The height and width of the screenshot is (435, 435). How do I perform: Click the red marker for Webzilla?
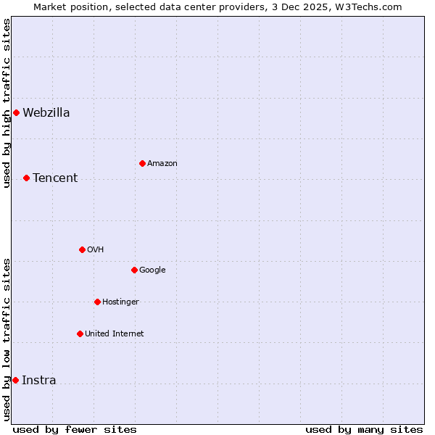(16, 112)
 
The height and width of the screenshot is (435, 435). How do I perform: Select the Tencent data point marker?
(26, 178)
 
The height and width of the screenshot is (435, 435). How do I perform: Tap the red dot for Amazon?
(142, 163)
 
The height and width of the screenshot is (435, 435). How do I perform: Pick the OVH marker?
(82, 249)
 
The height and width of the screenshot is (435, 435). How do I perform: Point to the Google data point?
(134, 270)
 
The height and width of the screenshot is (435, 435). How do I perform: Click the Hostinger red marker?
(97, 302)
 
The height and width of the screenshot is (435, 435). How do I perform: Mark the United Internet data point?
(80, 333)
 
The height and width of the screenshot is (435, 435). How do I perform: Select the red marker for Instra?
(15, 380)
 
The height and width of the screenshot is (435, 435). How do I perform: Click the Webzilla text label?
(46, 112)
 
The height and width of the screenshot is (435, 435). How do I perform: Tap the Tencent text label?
(55, 178)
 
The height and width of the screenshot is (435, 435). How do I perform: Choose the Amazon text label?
(162, 163)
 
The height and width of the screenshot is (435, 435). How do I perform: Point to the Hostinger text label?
(120, 302)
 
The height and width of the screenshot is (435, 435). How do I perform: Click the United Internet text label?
(115, 333)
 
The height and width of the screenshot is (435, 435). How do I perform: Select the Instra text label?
(39, 380)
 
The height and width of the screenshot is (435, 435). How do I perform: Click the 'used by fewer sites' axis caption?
(75, 429)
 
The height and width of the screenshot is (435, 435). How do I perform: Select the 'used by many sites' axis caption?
(364, 429)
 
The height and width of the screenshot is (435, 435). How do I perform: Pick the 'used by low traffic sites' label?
(7, 339)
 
